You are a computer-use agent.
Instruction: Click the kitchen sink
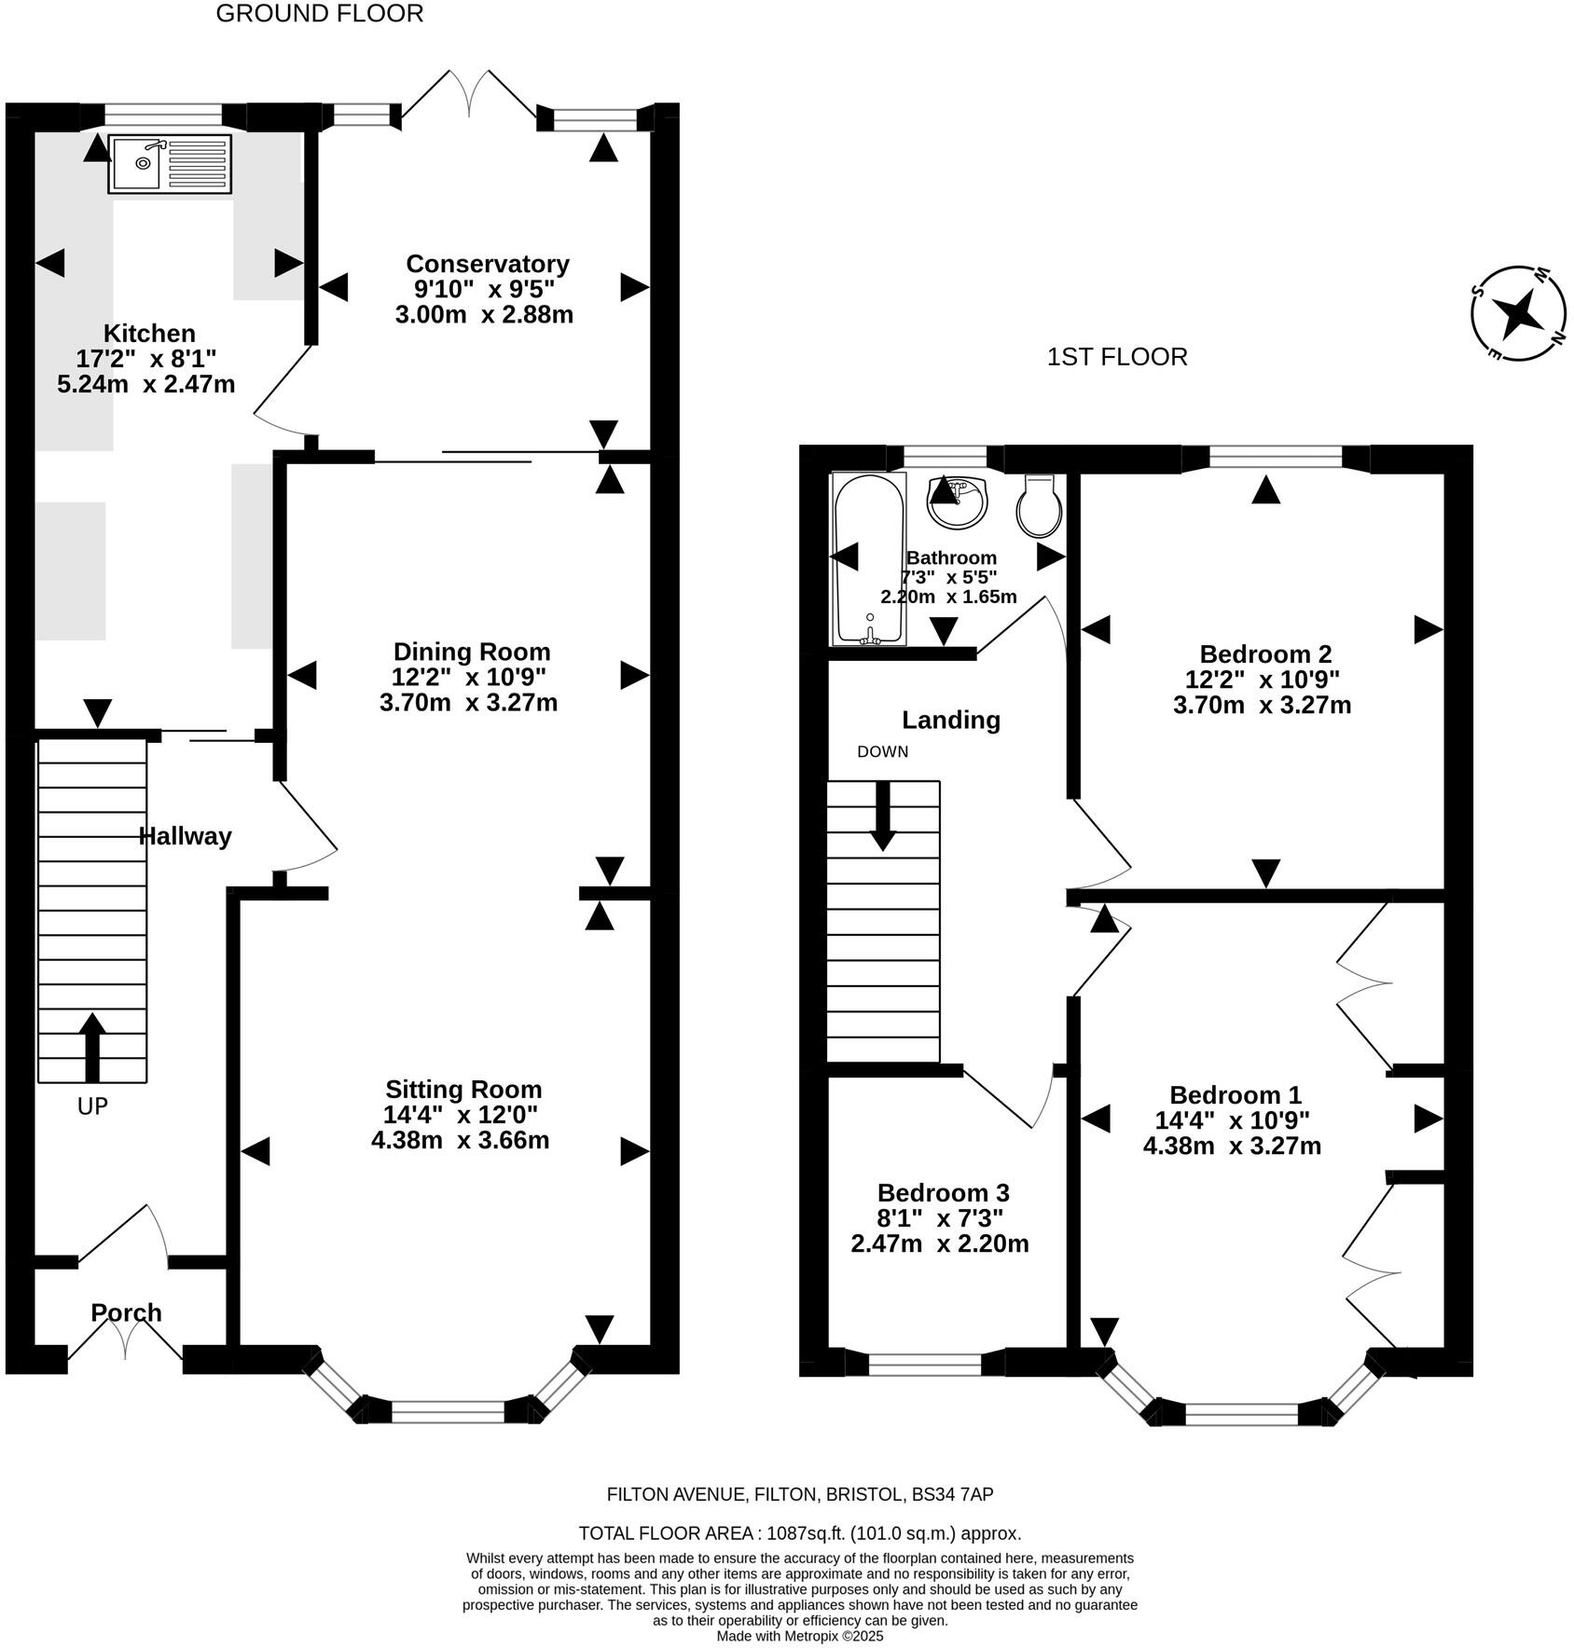[x=170, y=164]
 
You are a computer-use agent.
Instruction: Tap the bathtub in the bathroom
[x=868, y=558]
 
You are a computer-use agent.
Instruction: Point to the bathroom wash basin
[x=957, y=501]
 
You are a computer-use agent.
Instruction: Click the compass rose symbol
[x=1518, y=313]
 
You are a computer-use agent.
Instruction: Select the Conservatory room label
[x=488, y=264]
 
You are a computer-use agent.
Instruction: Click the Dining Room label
[x=472, y=652]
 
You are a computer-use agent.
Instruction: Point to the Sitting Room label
[x=463, y=1089]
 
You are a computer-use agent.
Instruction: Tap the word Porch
[x=126, y=1312]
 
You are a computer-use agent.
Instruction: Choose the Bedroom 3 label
[x=943, y=1192]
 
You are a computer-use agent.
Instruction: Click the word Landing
[x=951, y=720]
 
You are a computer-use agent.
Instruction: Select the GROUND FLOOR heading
[x=320, y=13]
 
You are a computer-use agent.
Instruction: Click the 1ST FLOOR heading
[x=1117, y=357]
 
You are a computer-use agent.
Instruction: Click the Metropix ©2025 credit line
[x=800, y=1636]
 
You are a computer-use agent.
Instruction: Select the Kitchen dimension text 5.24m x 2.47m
[x=146, y=383]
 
